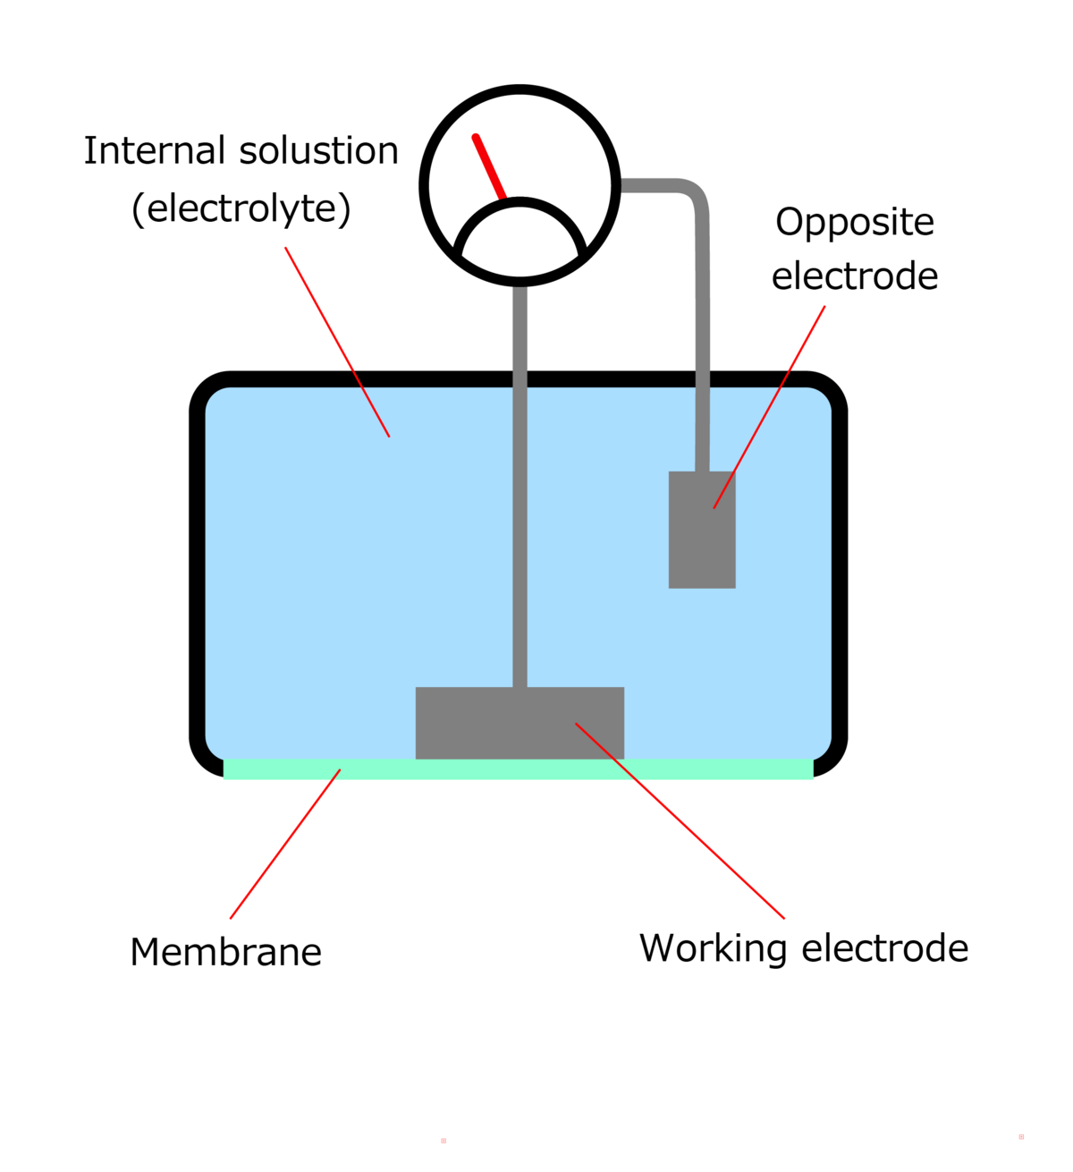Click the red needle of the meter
[x=489, y=166]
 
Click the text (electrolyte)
[x=241, y=208]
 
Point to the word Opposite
[x=854, y=223]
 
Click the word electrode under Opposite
[x=854, y=276]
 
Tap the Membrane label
[x=225, y=952]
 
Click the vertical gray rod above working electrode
[x=520, y=537]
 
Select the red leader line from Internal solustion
[x=337, y=342]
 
